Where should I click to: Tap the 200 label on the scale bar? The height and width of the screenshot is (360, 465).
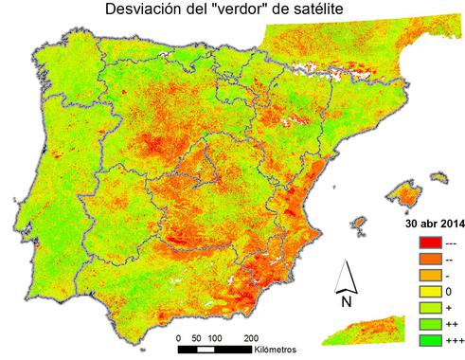pyautogui.click(x=251, y=338)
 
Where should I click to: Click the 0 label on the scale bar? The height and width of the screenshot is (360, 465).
pyautogui.click(x=180, y=338)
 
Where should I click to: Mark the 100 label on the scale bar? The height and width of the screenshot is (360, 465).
pyautogui.click(x=215, y=338)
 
